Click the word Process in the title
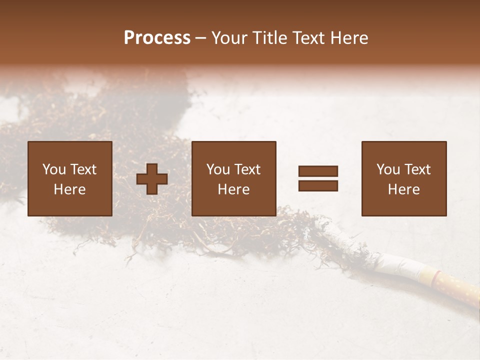pyautogui.click(x=157, y=38)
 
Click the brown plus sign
pyautogui.click(x=152, y=179)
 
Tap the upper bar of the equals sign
pyautogui.click(x=318, y=171)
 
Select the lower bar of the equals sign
pyautogui.click(x=318, y=186)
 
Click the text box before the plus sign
pyautogui.click(x=70, y=178)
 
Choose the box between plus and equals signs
pyautogui.click(x=234, y=178)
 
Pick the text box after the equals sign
pyautogui.click(x=404, y=178)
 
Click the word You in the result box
pyautogui.click(x=388, y=169)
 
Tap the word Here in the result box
pyautogui.click(x=404, y=189)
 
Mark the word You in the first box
pyautogui.click(x=54, y=169)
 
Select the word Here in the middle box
pyautogui.click(x=234, y=189)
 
